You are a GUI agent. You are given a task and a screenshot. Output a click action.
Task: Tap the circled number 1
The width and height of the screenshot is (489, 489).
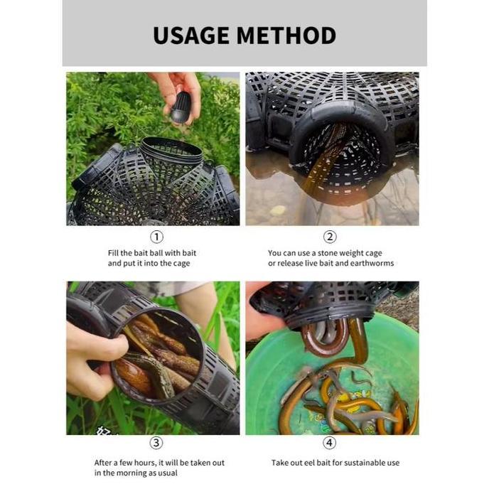[x=156, y=237]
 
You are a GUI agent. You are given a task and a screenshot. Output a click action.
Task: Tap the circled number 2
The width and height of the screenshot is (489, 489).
[x=330, y=237]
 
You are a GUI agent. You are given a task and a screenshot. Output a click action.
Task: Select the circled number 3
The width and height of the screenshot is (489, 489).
[x=156, y=443]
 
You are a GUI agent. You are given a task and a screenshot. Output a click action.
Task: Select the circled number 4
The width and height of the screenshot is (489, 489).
[x=330, y=443]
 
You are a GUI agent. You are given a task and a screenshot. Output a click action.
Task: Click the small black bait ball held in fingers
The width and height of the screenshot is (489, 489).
[x=182, y=107]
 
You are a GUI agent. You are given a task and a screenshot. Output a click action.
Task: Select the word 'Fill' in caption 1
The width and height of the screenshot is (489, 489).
[x=114, y=252]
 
